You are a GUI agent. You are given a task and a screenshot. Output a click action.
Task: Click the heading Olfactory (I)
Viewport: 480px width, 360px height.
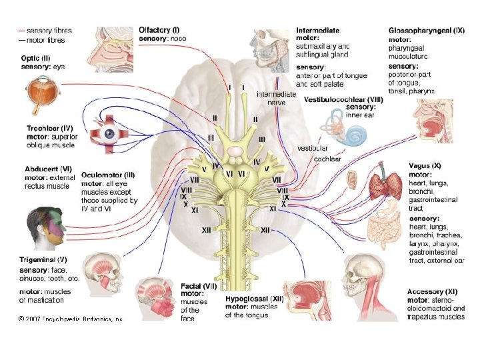159,30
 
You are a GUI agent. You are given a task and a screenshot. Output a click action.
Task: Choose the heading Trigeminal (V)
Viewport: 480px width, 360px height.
43,259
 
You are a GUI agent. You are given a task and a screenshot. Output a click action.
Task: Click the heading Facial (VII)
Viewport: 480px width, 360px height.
199,285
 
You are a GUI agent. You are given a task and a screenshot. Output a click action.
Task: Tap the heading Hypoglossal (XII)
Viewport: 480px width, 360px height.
254,300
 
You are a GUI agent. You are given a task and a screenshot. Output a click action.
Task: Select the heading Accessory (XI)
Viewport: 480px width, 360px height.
432,291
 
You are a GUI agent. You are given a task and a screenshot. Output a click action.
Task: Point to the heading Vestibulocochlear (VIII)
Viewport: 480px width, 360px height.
344,99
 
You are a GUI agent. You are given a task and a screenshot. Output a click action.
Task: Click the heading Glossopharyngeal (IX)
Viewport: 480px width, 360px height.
427,31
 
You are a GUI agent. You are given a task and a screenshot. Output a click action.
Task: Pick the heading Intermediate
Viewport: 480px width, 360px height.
317,30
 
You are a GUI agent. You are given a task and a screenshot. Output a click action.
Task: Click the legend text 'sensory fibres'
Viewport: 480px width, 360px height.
49,31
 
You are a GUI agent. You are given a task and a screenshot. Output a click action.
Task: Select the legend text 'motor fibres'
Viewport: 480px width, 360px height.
47,40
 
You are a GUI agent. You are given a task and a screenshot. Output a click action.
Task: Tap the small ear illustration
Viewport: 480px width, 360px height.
351,179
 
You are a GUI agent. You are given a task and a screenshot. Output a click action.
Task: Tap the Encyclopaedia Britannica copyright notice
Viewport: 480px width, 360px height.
70,319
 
